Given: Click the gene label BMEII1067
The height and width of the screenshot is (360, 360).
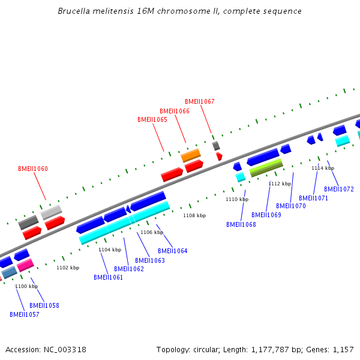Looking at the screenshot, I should coord(199,101).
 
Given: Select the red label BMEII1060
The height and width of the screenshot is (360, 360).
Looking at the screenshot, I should coord(33,169).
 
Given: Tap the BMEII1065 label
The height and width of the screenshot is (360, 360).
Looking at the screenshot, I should coord(152,119).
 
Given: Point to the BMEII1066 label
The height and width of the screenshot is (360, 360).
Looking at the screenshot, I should coord(175,111).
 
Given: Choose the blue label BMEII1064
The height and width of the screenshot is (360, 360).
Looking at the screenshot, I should coord(173,251).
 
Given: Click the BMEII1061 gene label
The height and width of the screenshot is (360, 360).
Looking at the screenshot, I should coord(109,277).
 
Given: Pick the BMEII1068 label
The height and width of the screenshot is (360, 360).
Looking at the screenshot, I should coord(241,224).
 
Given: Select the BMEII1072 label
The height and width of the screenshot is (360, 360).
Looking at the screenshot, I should coord(339,189).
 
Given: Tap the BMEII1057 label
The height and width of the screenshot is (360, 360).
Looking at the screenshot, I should coord(25,314).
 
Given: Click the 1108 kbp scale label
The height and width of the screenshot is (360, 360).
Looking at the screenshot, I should coord(194,215).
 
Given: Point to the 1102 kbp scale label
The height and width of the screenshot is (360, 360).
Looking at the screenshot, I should coord(68,268).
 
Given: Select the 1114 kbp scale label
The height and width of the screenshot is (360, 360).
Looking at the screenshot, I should coord(323,168).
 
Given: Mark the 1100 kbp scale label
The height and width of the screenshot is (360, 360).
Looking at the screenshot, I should coord(26,286).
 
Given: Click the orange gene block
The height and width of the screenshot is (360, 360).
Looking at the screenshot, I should coord(191,155).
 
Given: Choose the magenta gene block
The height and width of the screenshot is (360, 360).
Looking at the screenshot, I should coord(25,265).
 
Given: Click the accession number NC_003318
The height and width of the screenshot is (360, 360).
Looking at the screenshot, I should coord(65,349).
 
